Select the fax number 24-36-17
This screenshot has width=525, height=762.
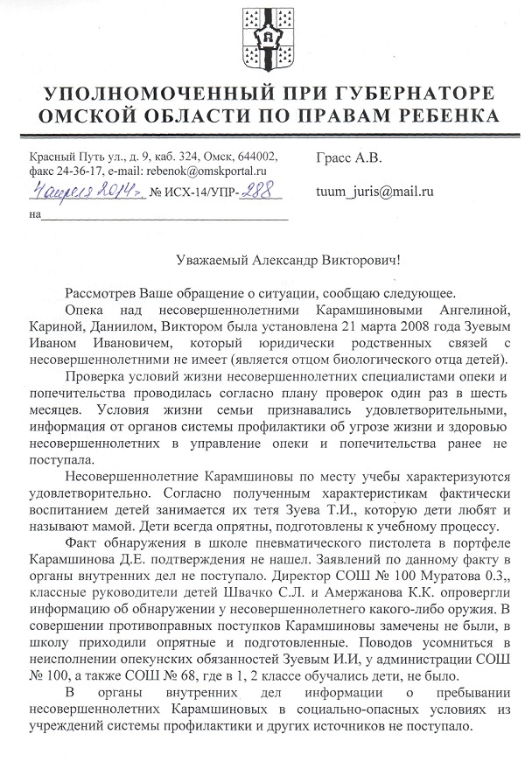point(75,173)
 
